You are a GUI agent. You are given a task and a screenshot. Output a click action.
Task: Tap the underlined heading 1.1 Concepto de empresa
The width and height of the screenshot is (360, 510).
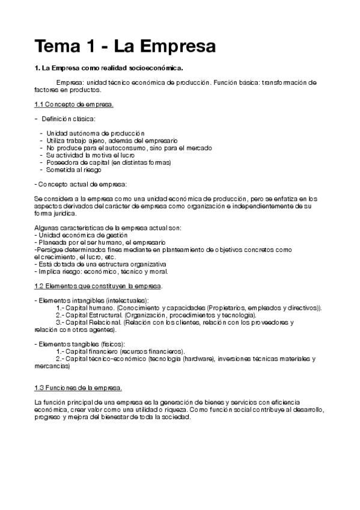pos(74,104)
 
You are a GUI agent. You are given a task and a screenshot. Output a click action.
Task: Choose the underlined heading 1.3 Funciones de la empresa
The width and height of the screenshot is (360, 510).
pos(78,387)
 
